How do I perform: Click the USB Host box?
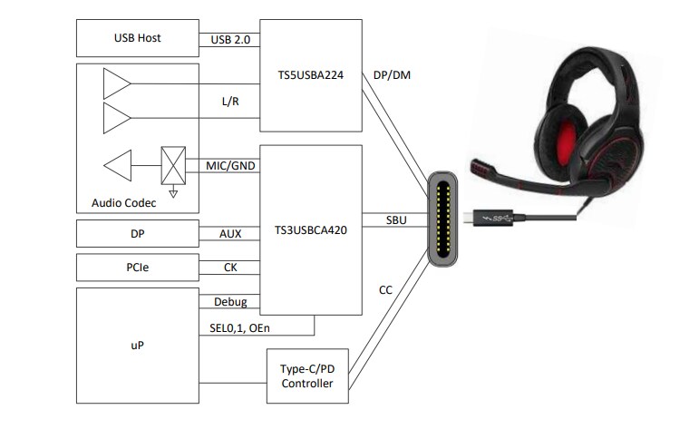(138, 39)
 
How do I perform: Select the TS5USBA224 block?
(310, 77)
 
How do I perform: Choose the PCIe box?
(138, 268)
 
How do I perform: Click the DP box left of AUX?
(138, 233)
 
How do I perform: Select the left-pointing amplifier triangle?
(118, 166)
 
